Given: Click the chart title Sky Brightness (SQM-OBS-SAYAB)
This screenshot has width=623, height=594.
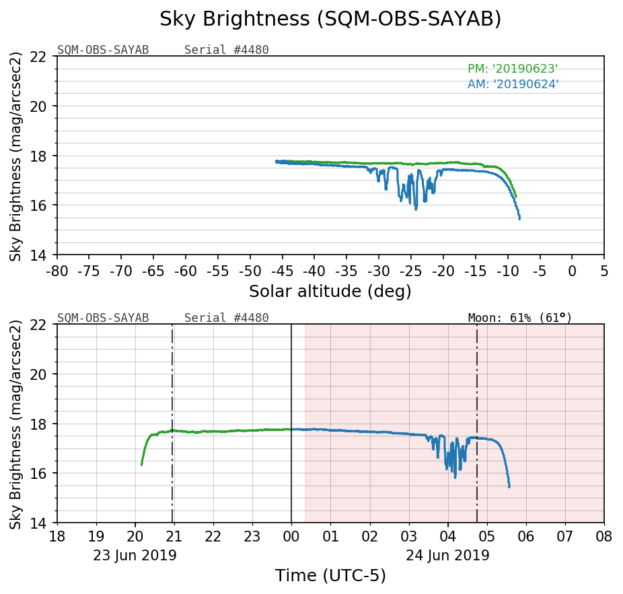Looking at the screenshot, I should tap(330, 20).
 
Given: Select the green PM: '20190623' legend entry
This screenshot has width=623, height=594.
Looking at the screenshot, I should tap(513, 69).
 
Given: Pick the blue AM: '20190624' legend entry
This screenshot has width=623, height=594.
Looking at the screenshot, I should tap(513, 84).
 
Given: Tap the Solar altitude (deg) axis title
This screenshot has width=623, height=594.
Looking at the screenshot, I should tap(330, 292).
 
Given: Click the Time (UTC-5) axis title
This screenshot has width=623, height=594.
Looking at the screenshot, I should tap(330, 576).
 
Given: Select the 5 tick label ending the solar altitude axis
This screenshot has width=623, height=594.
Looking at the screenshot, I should tap(603, 271).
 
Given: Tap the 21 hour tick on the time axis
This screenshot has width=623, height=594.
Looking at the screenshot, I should tap(174, 537).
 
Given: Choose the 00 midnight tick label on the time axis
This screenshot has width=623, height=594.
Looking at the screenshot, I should tap(291, 537).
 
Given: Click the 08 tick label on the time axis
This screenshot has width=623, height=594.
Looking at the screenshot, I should tap(603, 537).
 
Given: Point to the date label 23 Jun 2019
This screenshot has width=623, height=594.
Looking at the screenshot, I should tap(135, 556).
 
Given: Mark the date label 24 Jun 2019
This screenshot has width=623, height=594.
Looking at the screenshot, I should tap(447, 556).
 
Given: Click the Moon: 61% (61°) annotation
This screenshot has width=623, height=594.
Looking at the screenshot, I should tap(519, 318).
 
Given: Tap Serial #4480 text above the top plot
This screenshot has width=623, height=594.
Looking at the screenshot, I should tap(227, 50).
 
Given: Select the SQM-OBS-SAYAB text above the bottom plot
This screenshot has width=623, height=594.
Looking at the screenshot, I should tap(103, 318).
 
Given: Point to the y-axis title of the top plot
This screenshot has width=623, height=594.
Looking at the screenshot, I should tap(16, 156).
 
